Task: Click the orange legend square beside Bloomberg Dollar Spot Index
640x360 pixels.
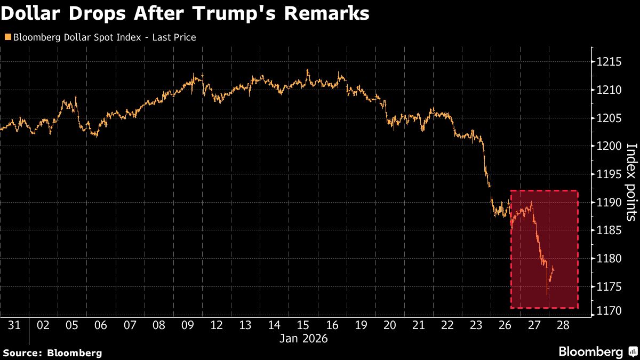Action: [7, 37]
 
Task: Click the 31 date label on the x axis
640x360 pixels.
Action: [14, 325]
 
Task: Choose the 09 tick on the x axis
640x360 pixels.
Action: [187, 325]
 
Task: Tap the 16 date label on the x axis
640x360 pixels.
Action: [331, 325]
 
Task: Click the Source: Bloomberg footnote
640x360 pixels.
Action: [52, 353]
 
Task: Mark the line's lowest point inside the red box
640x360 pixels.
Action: [548, 294]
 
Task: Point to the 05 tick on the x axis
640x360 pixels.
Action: [72, 325]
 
